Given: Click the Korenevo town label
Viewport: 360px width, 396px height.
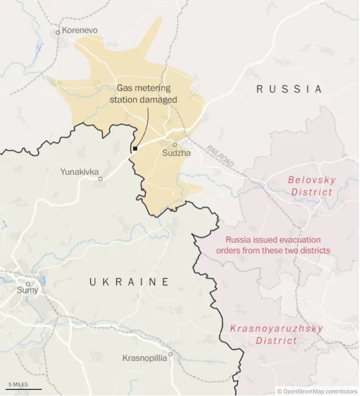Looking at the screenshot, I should coord(80,31).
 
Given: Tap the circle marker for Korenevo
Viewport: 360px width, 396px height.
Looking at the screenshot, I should coord(58,32).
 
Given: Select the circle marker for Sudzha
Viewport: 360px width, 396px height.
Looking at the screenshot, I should coord(174,145).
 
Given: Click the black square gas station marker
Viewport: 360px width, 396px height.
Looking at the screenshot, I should coord(135,149).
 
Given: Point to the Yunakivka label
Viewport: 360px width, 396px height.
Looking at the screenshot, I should coord(80,172).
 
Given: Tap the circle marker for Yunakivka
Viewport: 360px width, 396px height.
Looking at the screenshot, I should coord(100,179).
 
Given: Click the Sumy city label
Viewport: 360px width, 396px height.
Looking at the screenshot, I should coord(28,291).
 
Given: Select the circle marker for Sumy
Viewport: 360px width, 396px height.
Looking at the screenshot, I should coord(28,284).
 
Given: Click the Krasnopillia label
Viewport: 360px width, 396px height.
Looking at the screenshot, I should coord(144,358).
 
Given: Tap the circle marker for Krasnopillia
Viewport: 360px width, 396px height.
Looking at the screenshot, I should coord(171,354).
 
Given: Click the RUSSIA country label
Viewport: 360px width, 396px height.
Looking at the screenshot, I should coord(289,89).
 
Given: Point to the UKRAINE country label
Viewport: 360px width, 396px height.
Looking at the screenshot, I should coord(129,282).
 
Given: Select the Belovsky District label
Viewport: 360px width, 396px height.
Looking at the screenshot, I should coord(312,186).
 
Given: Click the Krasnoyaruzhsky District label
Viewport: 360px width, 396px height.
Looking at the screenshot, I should coord(276,334).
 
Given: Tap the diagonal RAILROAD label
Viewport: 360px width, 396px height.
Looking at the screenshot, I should coord(220,155).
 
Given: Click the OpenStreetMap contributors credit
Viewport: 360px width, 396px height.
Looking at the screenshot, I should coord(317,391).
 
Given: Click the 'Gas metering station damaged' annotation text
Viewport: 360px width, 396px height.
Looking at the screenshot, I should coord(143,94).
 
